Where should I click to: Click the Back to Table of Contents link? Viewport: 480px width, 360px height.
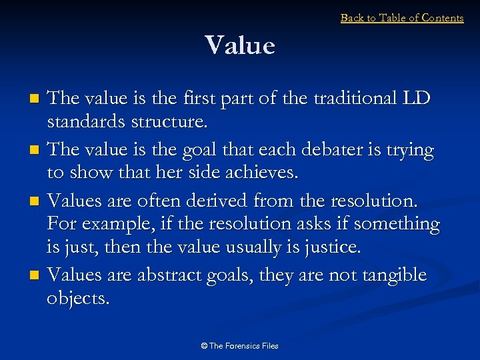(x=402, y=18)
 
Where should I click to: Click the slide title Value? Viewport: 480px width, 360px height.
(x=240, y=46)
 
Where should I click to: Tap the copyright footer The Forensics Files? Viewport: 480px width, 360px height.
(x=239, y=345)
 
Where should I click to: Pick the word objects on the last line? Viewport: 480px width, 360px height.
(x=77, y=299)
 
